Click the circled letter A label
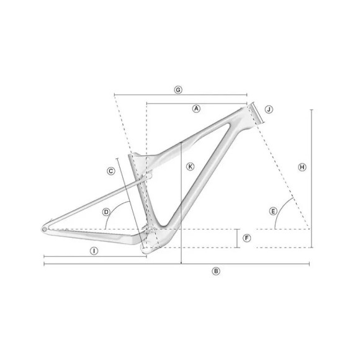click(x=196, y=108)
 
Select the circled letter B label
click(x=216, y=271)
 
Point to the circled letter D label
click(x=107, y=212)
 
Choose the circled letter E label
click(x=273, y=212)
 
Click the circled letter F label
click(x=246, y=238)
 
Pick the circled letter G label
click(x=178, y=90)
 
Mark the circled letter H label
click(x=302, y=167)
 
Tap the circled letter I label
click(x=94, y=251)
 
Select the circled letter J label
click(x=269, y=109)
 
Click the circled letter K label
click(x=190, y=166)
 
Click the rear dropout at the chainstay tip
click(x=45, y=229)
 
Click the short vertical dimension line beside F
click(x=238, y=238)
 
